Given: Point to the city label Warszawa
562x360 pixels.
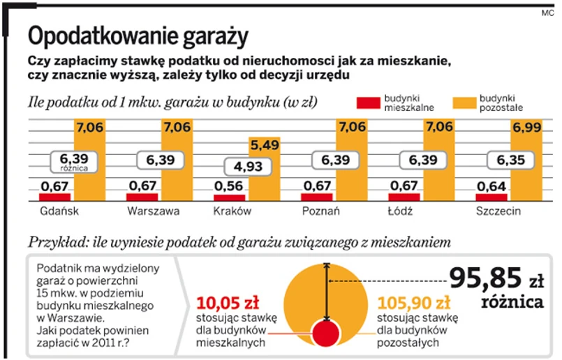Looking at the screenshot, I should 153,211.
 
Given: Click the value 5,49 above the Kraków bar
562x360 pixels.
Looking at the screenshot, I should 265,147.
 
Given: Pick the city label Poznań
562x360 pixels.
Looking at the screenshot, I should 321,211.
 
